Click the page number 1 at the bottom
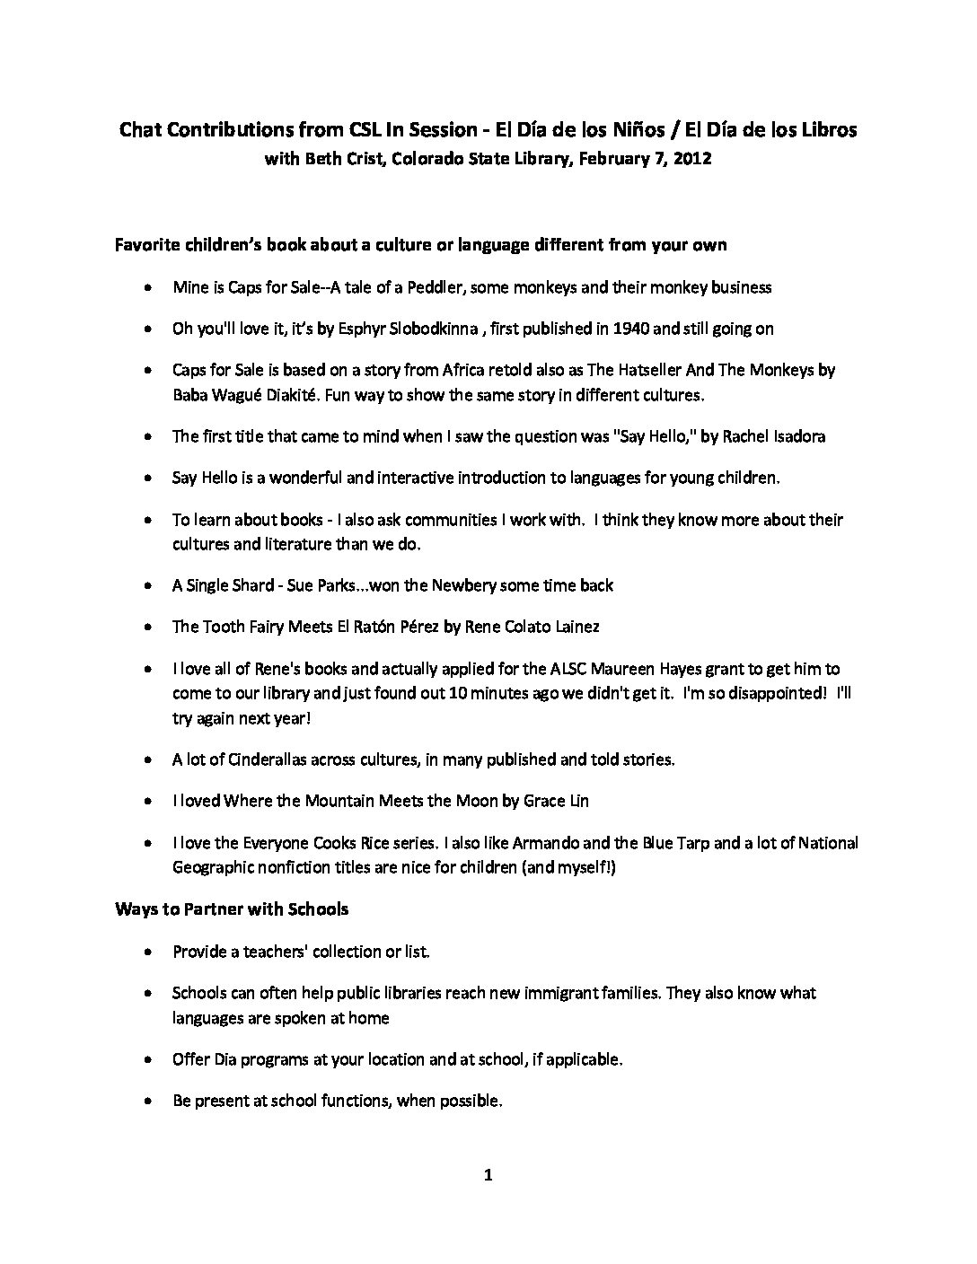tap(488, 1175)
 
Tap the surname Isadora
tap(794, 436)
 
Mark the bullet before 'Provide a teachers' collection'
tap(147, 952)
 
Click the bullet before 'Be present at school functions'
tap(147, 1101)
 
